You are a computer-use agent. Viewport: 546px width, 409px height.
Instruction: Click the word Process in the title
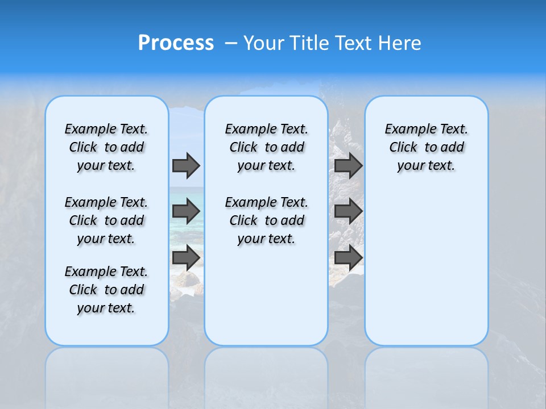[x=176, y=43]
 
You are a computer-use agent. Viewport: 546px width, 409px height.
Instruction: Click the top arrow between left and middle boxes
[x=186, y=165]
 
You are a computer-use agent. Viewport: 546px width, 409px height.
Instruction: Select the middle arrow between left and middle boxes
[x=186, y=211]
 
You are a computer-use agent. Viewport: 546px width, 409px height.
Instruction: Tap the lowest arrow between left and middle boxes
[x=186, y=257]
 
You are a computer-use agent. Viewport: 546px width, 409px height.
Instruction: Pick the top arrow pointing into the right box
[x=349, y=165]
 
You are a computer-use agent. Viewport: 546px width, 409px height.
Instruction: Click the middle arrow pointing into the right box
[x=349, y=211]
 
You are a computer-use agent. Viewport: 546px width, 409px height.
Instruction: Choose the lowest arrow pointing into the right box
[x=349, y=257]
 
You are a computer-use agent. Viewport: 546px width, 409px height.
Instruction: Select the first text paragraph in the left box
[x=106, y=147]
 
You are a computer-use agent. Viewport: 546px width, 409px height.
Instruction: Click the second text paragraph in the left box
[x=106, y=220]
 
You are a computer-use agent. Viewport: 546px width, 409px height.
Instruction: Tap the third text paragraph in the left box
[x=106, y=290]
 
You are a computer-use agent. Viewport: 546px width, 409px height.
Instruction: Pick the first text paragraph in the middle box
[x=266, y=147]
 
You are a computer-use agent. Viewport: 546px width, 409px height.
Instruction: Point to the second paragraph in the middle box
[x=266, y=220]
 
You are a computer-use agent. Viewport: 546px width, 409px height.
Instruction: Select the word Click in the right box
[x=403, y=148]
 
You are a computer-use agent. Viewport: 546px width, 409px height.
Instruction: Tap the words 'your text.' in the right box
[x=426, y=166]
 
